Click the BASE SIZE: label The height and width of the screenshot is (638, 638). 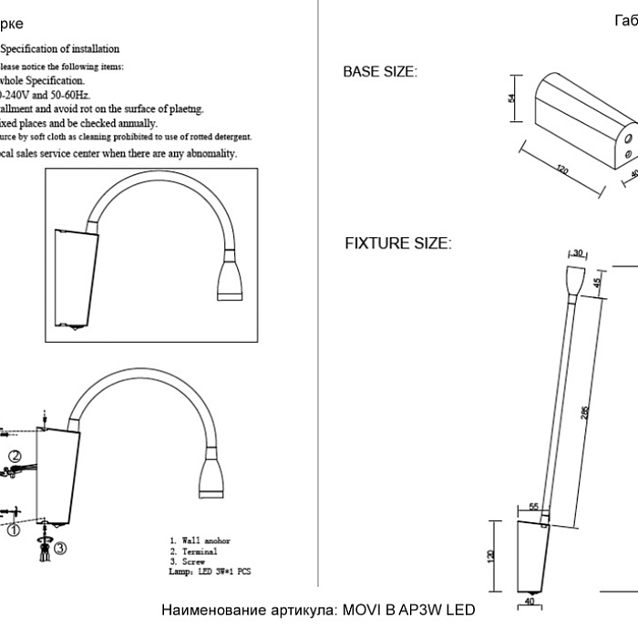coord(379,72)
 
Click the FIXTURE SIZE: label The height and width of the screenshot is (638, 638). coord(397,243)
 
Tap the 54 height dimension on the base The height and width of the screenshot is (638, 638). coord(512,98)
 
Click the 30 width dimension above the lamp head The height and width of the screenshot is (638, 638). coord(577,252)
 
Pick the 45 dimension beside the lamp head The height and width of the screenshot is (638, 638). coord(598,283)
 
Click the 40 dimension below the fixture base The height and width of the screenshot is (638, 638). coord(530,602)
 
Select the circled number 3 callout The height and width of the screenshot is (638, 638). coord(59,549)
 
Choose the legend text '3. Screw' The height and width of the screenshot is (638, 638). coord(190,562)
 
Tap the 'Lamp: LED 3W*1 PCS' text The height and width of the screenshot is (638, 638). coord(210,572)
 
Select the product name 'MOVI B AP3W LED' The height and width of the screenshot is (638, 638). coord(406,610)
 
